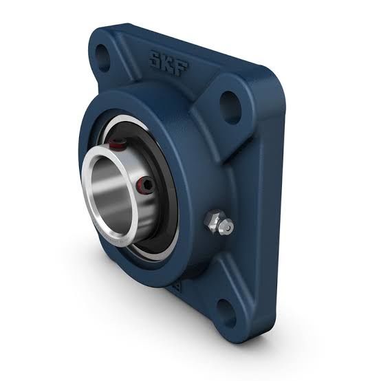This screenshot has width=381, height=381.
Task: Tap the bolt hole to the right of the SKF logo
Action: point(230,105)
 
